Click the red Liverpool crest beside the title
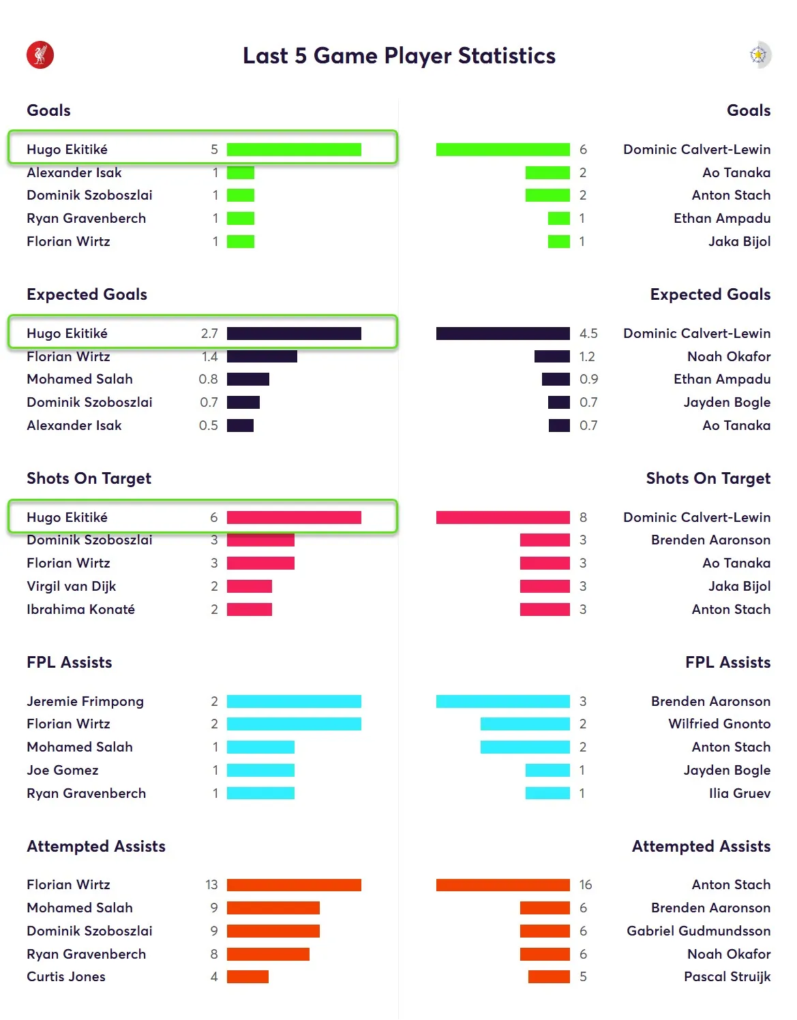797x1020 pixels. (x=40, y=55)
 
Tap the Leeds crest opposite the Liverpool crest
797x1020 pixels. (x=759, y=55)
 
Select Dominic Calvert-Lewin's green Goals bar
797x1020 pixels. (x=502, y=149)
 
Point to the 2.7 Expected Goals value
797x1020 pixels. (x=209, y=333)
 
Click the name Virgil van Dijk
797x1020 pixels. (x=71, y=586)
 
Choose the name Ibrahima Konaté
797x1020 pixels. (x=80, y=609)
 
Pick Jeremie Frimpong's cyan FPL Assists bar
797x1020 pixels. (x=294, y=701)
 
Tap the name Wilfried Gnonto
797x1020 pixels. (x=719, y=724)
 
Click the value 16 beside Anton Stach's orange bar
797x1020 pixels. (x=586, y=884)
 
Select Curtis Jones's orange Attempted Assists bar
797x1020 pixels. (x=247, y=976)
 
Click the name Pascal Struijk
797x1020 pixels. (x=727, y=976)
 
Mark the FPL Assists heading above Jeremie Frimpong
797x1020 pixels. (x=69, y=662)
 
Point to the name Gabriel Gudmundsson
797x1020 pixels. (x=698, y=931)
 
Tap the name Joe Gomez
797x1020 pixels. (x=62, y=770)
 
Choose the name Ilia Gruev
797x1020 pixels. (x=740, y=793)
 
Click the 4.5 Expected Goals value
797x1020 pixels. (x=588, y=333)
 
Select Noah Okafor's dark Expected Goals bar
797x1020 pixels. (x=552, y=356)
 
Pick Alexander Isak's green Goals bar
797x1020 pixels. (x=241, y=172)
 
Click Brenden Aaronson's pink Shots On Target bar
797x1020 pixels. (x=545, y=540)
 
